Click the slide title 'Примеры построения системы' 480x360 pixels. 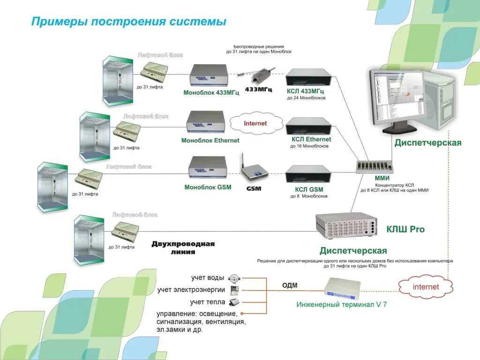tap(128, 22)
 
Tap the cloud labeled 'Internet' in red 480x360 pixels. tap(255, 124)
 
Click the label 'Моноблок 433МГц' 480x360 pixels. tap(211, 93)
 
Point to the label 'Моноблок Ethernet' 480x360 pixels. tap(210, 141)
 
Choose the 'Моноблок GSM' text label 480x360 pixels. tap(208, 187)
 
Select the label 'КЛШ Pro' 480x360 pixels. tap(405, 229)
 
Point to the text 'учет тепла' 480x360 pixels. tap(208, 302)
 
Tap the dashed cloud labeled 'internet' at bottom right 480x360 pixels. tap(426, 287)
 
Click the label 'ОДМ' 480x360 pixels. tap(290, 285)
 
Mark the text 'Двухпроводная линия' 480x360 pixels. tap(183, 247)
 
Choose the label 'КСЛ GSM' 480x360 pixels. tap(309, 189)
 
